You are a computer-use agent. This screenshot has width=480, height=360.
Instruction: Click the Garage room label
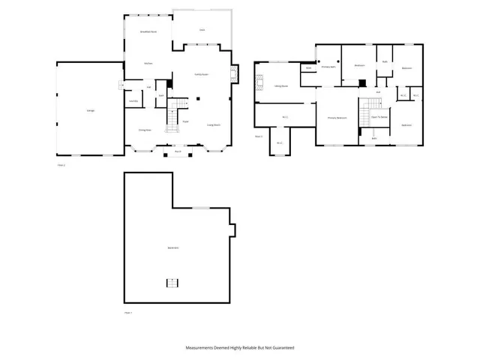point(90,111)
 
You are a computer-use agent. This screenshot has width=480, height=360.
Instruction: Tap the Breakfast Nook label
point(148,32)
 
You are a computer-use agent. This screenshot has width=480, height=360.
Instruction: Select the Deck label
point(202,30)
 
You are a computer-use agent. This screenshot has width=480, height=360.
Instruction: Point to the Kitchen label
point(148,64)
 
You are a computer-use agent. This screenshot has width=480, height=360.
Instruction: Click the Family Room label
point(202,73)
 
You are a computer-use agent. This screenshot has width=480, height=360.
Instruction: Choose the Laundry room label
point(133,101)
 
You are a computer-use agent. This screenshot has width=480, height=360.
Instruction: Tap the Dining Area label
point(145,130)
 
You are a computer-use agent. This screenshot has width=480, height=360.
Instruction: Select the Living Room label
point(213,125)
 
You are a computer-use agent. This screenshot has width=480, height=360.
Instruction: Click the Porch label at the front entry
point(178,151)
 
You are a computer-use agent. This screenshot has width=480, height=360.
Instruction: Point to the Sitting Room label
point(282,87)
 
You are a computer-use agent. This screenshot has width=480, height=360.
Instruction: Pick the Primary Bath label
point(328,67)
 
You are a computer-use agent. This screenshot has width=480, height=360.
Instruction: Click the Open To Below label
point(379,117)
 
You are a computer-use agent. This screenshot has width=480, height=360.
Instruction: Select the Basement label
point(172,247)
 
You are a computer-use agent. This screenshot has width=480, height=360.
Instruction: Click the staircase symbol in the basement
point(172,282)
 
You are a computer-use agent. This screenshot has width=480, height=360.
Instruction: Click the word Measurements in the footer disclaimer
point(202,348)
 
